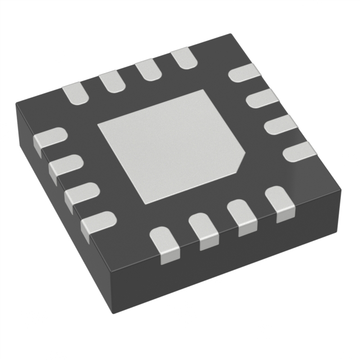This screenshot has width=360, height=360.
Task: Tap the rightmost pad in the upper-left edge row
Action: (182, 59)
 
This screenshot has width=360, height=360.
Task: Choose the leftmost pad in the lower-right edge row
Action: (166, 243)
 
